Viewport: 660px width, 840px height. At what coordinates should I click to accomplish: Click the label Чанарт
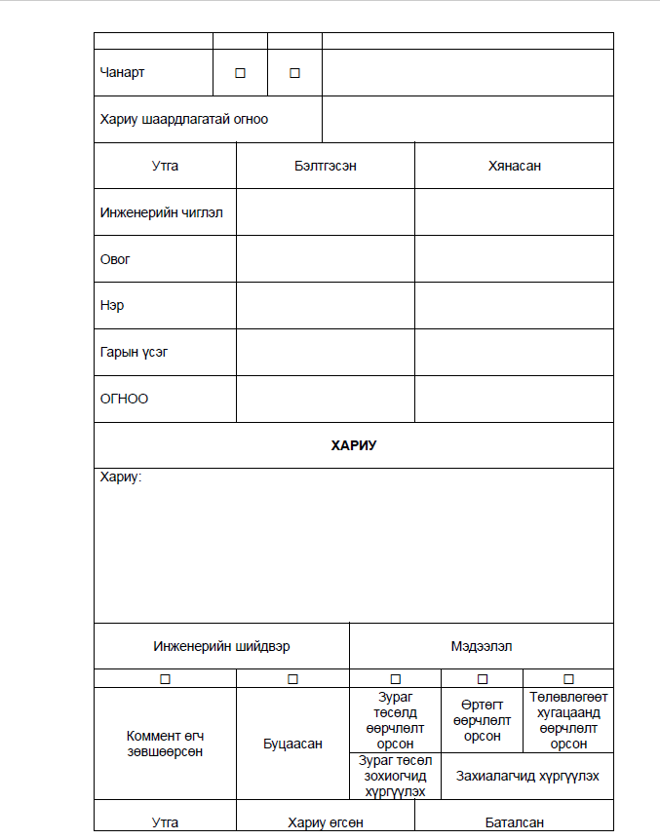click(x=123, y=72)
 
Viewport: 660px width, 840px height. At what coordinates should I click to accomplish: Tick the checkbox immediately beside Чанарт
click(x=240, y=73)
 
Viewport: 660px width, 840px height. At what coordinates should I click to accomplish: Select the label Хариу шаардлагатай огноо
click(x=183, y=119)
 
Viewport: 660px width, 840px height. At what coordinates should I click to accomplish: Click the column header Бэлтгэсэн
click(x=325, y=166)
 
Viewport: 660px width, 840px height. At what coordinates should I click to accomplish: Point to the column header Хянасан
click(x=514, y=166)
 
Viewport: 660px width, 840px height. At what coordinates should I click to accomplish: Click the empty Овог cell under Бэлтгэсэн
click(x=325, y=259)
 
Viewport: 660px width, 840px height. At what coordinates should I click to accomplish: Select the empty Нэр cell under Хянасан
click(x=514, y=306)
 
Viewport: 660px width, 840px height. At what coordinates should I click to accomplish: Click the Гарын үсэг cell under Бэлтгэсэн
click(x=325, y=353)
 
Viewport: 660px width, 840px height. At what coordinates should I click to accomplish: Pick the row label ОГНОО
click(x=124, y=399)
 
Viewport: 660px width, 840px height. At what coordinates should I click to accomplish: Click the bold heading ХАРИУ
click(x=353, y=445)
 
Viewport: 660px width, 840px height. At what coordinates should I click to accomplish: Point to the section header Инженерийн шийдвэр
click(x=221, y=646)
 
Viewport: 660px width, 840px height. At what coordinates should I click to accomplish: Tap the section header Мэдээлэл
click(x=482, y=646)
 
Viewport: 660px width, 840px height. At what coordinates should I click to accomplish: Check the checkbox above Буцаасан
click(x=292, y=678)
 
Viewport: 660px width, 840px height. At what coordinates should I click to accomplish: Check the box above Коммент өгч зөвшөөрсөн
click(x=165, y=678)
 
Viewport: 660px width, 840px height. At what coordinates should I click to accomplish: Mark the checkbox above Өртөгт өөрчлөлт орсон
click(x=482, y=678)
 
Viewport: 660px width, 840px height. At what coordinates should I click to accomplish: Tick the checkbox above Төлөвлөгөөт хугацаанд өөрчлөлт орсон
click(x=568, y=678)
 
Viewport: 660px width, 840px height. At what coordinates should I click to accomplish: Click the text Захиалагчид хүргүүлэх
click(x=527, y=777)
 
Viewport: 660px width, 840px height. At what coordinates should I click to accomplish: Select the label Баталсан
click(x=514, y=822)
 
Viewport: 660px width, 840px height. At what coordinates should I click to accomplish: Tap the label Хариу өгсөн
click(x=325, y=822)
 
